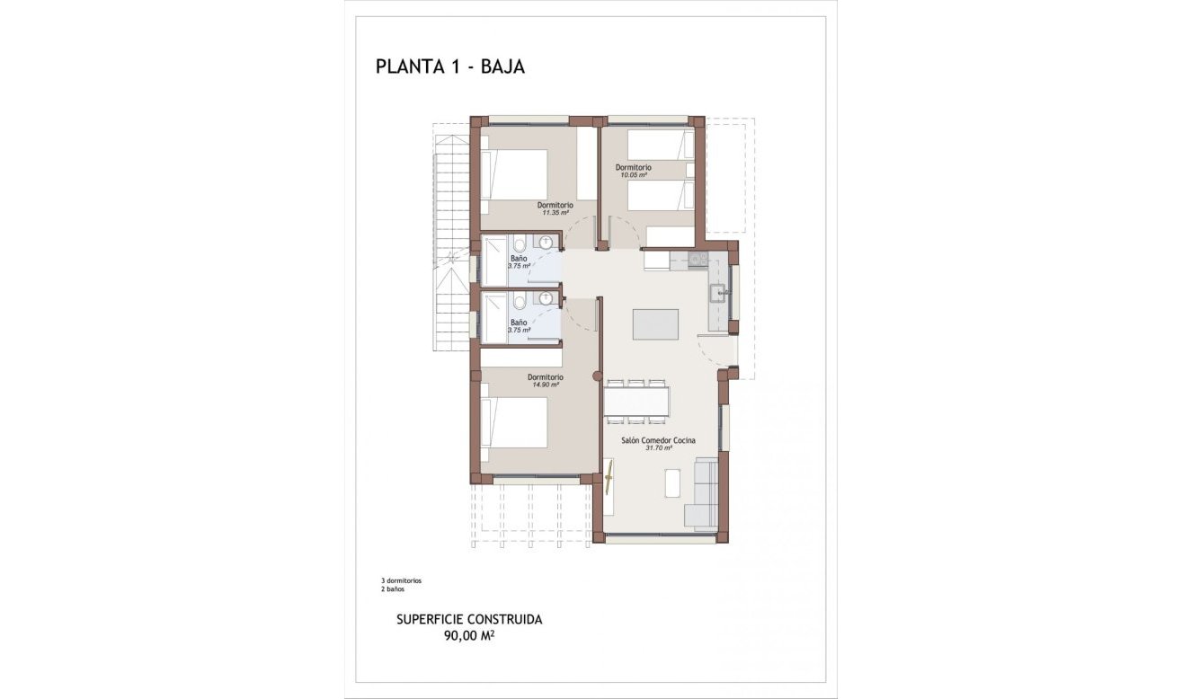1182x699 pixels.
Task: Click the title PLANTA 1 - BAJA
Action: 449,66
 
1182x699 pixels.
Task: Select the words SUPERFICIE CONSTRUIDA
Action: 469,620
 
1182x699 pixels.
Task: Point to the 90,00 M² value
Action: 469,636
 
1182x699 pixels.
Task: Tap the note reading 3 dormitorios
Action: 401,581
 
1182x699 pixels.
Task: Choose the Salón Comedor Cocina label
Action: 659,440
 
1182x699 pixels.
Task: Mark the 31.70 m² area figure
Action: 659,448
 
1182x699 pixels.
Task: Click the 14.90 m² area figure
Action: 545,385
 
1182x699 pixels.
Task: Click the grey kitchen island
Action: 655,324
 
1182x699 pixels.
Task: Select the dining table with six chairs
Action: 636,401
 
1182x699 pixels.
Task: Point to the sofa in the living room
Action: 702,492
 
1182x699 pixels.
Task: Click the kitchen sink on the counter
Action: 718,290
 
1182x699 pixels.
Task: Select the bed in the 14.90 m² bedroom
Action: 515,422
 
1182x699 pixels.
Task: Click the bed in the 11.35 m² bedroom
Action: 515,174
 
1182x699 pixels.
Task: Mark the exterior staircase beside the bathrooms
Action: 451,243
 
